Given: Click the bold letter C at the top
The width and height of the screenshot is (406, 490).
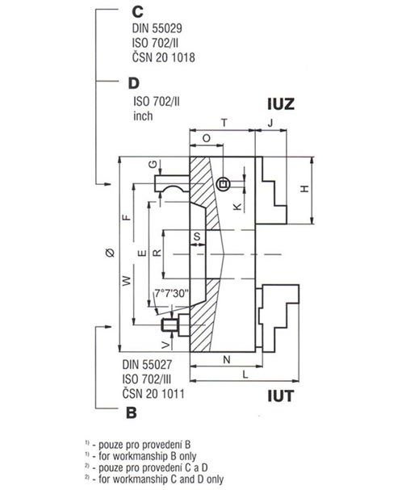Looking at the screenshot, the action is (x=137, y=12).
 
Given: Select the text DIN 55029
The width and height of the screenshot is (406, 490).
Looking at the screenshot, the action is (x=157, y=28).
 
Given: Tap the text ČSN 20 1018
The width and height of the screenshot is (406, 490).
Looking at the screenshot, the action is (x=164, y=57).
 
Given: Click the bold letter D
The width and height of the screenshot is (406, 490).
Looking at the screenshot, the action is (x=134, y=83).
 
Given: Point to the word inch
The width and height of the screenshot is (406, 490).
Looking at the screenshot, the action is (x=143, y=116).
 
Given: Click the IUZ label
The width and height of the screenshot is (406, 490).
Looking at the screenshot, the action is (x=281, y=104).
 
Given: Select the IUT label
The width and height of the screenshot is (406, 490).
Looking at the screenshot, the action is (x=281, y=396).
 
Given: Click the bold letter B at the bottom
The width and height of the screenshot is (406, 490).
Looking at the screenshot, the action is (x=132, y=413).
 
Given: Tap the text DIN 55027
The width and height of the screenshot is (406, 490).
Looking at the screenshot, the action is (x=147, y=365).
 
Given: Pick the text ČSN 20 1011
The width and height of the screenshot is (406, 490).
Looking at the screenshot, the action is (x=153, y=393).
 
